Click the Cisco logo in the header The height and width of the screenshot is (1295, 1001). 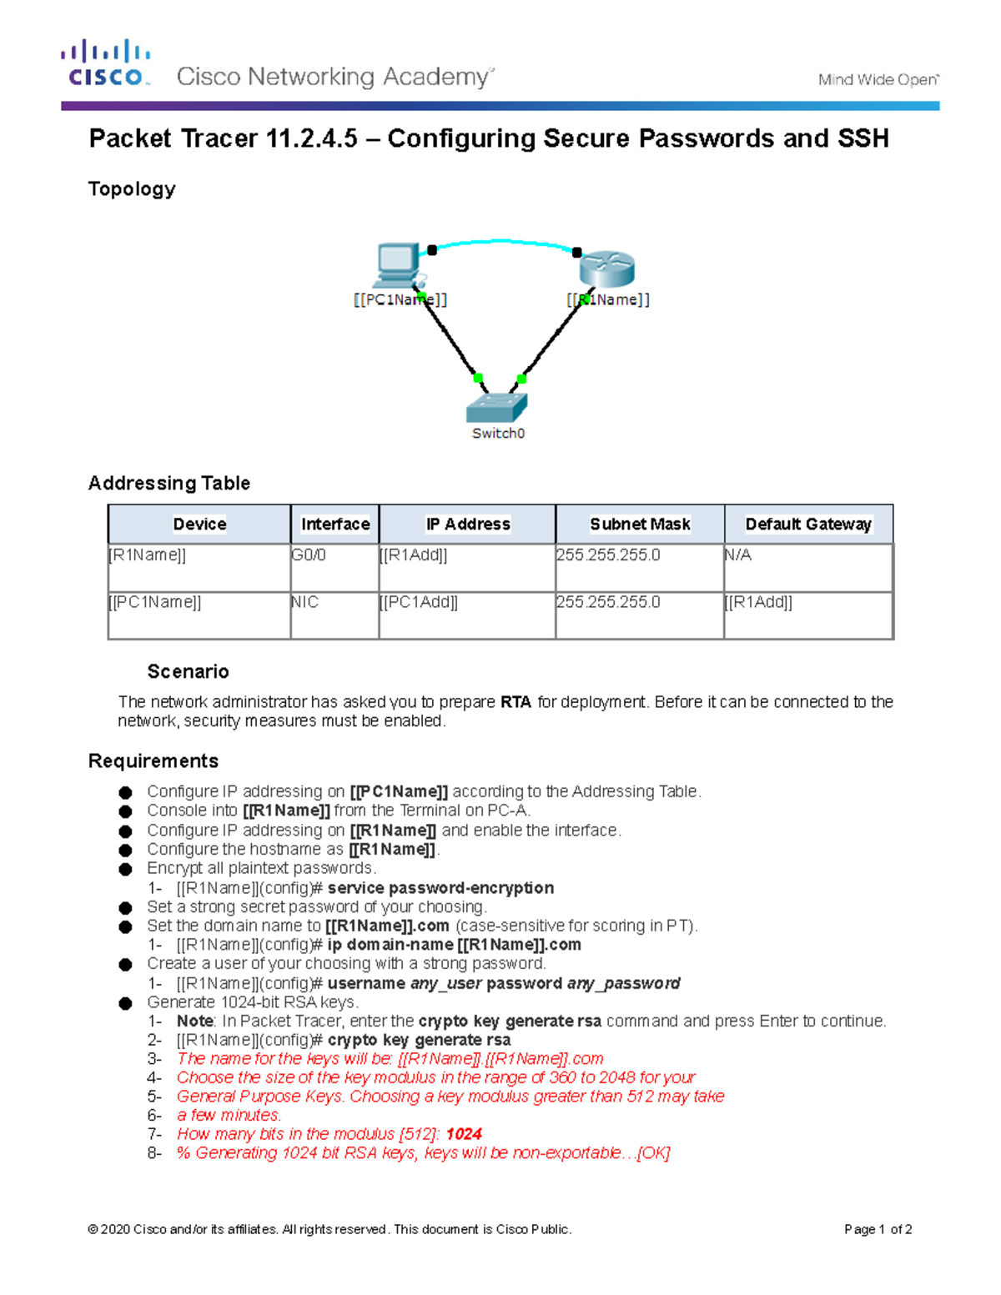click(x=106, y=63)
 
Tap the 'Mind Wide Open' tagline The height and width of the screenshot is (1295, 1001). click(x=878, y=80)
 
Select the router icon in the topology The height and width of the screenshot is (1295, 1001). click(x=606, y=268)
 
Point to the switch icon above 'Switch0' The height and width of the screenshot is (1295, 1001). click(x=496, y=407)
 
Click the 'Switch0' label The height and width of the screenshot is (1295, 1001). click(x=498, y=434)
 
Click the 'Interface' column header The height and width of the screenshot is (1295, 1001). click(x=335, y=524)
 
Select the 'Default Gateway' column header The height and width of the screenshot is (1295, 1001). click(x=807, y=524)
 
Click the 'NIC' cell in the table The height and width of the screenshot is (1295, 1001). click(x=305, y=602)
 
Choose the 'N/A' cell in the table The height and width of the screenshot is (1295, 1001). click(x=738, y=555)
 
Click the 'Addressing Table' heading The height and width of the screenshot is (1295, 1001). click(x=169, y=484)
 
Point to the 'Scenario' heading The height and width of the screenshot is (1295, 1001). click(x=188, y=672)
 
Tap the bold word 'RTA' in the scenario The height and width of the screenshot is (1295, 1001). click(x=516, y=702)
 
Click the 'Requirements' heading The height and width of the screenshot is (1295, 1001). click(x=153, y=761)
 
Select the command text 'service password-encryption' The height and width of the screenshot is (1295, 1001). click(x=440, y=888)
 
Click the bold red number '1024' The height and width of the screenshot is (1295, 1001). click(x=464, y=1134)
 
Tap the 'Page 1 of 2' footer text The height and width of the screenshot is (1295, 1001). click(x=878, y=1229)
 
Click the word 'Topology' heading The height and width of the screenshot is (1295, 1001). click(x=132, y=189)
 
